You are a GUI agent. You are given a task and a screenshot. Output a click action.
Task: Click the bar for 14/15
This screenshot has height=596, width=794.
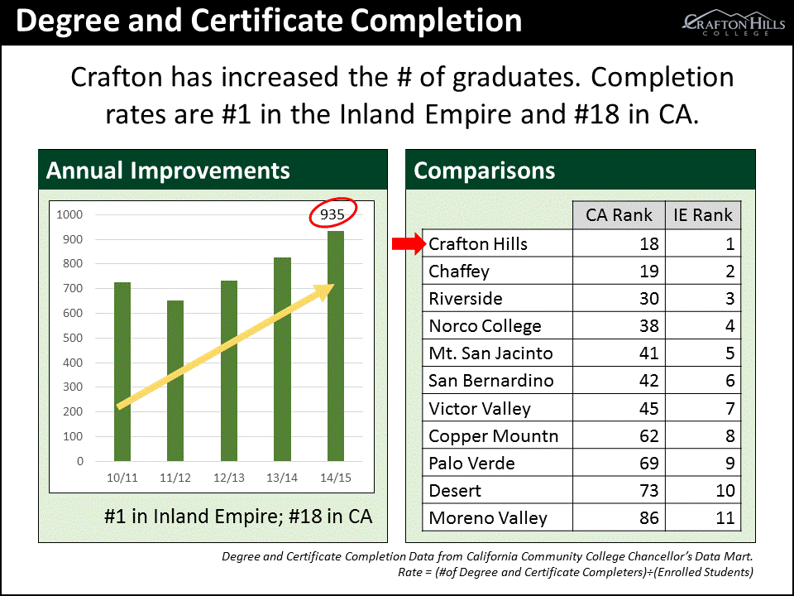[x=336, y=346]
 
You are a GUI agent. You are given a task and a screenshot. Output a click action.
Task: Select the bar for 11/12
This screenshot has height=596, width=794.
[x=175, y=381]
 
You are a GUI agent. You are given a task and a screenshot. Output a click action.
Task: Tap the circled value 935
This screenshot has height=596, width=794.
[x=332, y=214]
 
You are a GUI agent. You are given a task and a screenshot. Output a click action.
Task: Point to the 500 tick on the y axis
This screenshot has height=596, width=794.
[x=73, y=338]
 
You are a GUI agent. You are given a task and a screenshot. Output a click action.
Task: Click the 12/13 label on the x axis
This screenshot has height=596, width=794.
[x=229, y=478]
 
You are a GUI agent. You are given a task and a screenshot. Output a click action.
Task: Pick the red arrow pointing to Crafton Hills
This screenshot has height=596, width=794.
[x=409, y=243]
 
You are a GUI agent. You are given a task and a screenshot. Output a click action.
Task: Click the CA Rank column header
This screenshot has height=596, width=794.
[x=619, y=215]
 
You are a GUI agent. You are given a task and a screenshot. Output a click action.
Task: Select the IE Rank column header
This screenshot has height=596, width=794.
[x=703, y=215]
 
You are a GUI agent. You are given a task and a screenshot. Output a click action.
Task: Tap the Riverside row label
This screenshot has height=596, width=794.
[x=466, y=299]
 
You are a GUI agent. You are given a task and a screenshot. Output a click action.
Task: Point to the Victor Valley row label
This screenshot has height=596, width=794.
[x=480, y=408]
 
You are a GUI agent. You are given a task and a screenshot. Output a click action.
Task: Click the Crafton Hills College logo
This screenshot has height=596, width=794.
[x=734, y=23]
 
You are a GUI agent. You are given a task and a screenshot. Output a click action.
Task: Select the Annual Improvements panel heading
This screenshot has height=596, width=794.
[x=168, y=171]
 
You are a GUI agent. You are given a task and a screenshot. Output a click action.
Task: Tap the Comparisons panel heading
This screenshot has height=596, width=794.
[x=484, y=171]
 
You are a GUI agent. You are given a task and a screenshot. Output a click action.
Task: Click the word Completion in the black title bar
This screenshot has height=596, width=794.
[x=436, y=22]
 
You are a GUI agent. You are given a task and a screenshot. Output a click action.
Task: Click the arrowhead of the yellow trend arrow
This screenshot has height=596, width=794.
[x=324, y=291]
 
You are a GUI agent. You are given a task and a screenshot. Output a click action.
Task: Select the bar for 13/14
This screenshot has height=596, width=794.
[x=282, y=359]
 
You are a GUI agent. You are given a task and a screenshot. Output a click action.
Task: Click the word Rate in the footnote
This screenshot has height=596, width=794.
[x=409, y=572]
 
